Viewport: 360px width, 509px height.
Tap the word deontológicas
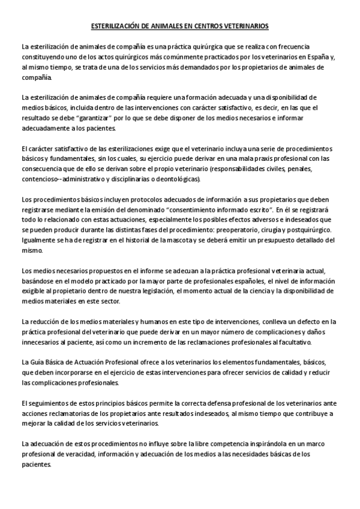pos(180,179)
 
